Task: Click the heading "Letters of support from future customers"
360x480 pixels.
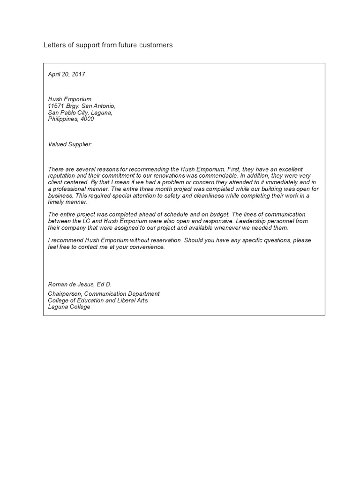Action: pyautogui.click(x=108, y=45)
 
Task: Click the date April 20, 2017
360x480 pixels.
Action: pyautogui.click(x=67, y=74)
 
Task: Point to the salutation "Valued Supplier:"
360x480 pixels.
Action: pyautogui.click(x=70, y=144)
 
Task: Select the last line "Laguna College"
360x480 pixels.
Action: pyautogui.click(x=69, y=307)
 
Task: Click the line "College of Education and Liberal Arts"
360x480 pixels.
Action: pyautogui.click(x=97, y=300)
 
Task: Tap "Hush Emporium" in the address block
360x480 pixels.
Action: pyautogui.click(x=69, y=99)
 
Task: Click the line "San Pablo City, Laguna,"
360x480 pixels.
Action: pyautogui.click(x=80, y=112)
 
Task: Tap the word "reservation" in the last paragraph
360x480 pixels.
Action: pyautogui.click(x=164, y=240)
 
